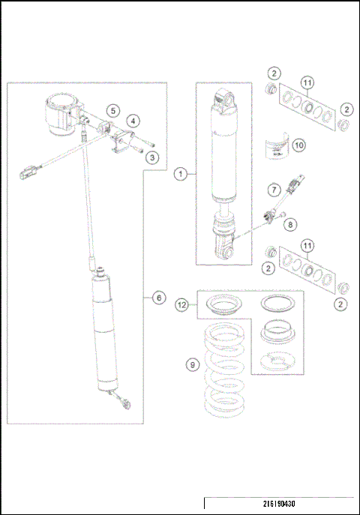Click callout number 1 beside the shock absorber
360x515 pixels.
(179, 174)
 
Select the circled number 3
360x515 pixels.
(152, 157)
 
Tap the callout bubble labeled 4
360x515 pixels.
(132, 120)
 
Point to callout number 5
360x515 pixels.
(112, 110)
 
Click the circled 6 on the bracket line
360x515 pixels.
(158, 298)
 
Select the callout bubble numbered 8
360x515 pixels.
(291, 222)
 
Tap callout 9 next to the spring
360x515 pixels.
(193, 365)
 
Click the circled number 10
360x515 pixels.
(298, 145)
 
